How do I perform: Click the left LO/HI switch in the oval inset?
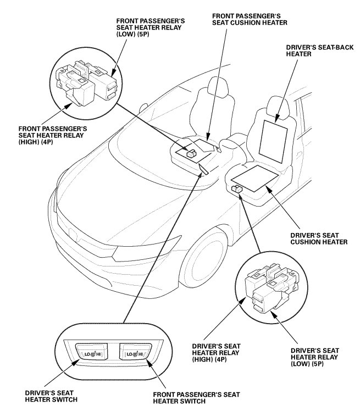pos(89,354)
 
